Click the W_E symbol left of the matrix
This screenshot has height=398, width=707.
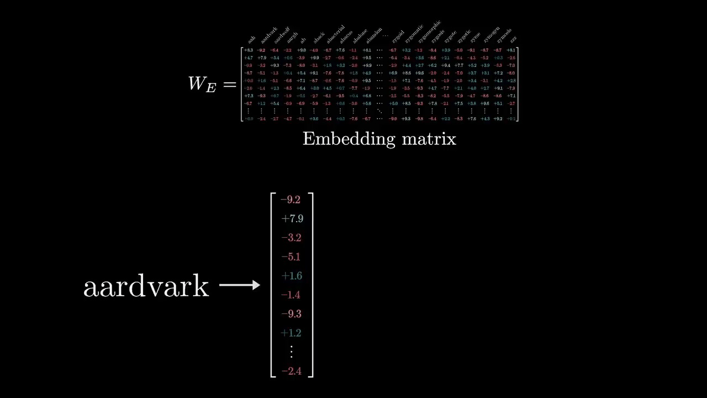(202, 84)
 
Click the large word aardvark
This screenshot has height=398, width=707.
(146, 287)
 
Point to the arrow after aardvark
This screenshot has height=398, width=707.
(240, 285)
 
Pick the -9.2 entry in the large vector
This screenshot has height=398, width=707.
(291, 200)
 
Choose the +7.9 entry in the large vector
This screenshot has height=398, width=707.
(292, 218)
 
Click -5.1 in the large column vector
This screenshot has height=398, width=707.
(291, 256)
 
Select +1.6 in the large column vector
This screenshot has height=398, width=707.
(292, 276)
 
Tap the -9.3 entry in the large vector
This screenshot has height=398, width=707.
(291, 314)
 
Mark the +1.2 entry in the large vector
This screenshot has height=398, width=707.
(292, 333)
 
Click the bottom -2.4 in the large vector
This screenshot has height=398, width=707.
(291, 371)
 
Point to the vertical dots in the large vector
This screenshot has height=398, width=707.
(291, 351)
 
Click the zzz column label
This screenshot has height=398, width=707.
(514, 40)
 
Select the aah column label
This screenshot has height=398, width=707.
(251, 40)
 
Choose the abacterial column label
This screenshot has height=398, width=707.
(335, 34)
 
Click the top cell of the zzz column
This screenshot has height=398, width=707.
(511, 50)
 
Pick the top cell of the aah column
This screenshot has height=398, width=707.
(249, 50)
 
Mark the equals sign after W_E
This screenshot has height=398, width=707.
(230, 84)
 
